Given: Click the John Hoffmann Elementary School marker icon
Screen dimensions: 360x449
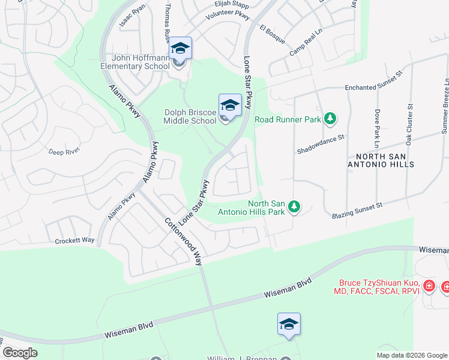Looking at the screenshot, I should pyautogui.click(x=180, y=49).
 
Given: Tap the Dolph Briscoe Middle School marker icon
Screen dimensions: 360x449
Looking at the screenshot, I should pyautogui.click(x=230, y=106).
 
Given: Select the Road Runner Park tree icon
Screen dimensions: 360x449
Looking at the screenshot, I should pyautogui.click(x=329, y=119).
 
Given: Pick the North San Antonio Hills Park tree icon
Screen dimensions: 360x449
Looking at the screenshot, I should pyautogui.click(x=294, y=207).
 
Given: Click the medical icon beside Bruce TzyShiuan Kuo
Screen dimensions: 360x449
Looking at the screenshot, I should pyautogui.click(x=429, y=286).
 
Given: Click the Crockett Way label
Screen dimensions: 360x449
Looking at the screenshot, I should pyautogui.click(x=75, y=240).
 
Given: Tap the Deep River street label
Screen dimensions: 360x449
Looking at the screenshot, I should pyautogui.click(x=64, y=152).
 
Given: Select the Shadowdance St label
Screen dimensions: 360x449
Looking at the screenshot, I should pyautogui.click(x=321, y=145).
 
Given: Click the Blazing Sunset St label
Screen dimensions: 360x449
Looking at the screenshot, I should pyautogui.click(x=357, y=210).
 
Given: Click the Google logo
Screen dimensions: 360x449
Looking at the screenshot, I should pyautogui.click(x=20, y=353).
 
